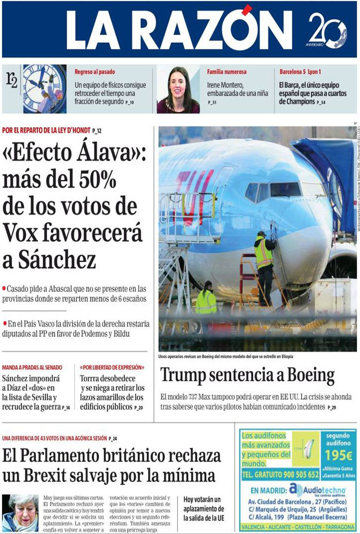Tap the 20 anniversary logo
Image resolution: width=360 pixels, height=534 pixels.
point(327,30)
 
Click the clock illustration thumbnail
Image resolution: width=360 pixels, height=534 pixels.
point(45,89)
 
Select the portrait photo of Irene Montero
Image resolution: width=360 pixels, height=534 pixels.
point(178,90)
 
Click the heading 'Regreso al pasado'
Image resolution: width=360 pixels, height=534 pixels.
point(95,72)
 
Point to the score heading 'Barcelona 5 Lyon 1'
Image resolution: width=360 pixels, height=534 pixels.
point(300,72)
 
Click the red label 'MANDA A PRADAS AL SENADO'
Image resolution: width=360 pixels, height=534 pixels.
point(32,368)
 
